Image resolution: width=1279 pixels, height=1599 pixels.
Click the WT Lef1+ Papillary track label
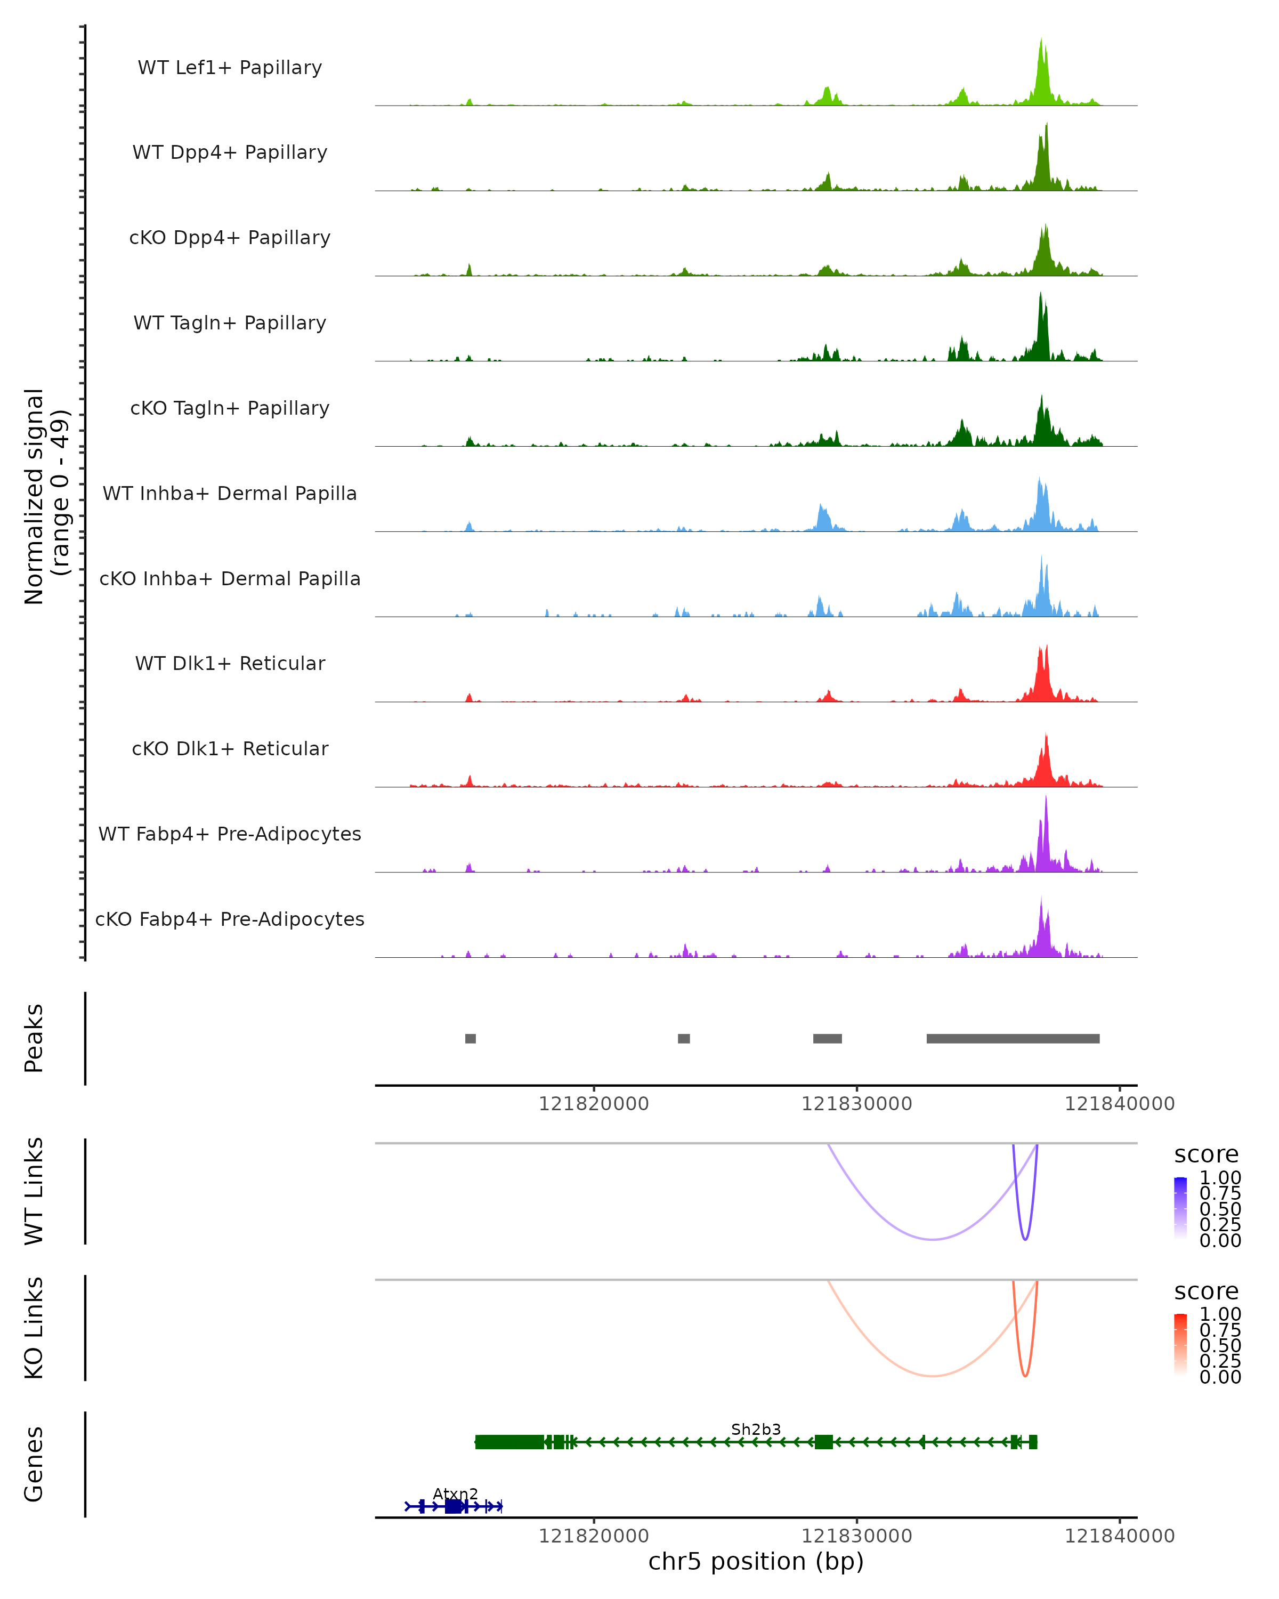pyautogui.click(x=230, y=68)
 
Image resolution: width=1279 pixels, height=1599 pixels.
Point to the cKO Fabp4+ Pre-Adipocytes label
pyautogui.click(x=230, y=919)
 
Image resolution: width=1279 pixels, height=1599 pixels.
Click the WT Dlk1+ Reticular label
pyautogui.click(x=230, y=663)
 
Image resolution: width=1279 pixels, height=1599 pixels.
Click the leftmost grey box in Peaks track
pyautogui.click(x=470, y=1038)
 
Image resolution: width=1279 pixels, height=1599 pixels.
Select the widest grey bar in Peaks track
pyautogui.click(x=1013, y=1038)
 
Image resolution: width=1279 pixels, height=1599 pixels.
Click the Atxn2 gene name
pyautogui.click(x=455, y=1493)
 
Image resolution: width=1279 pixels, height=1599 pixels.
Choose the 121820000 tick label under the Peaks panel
pyautogui.click(x=593, y=1104)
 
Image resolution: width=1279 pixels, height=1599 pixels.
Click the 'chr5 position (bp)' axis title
pyautogui.click(x=756, y=1561)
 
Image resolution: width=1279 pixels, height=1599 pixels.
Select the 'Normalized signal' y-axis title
pyautogui.click(x=34, y=496)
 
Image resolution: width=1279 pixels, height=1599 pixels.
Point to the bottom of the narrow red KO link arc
pyautogui.click(x=1025, y=1376)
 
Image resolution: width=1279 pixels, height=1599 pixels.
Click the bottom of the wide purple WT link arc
pyautogui.click(x=933, y=1239)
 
